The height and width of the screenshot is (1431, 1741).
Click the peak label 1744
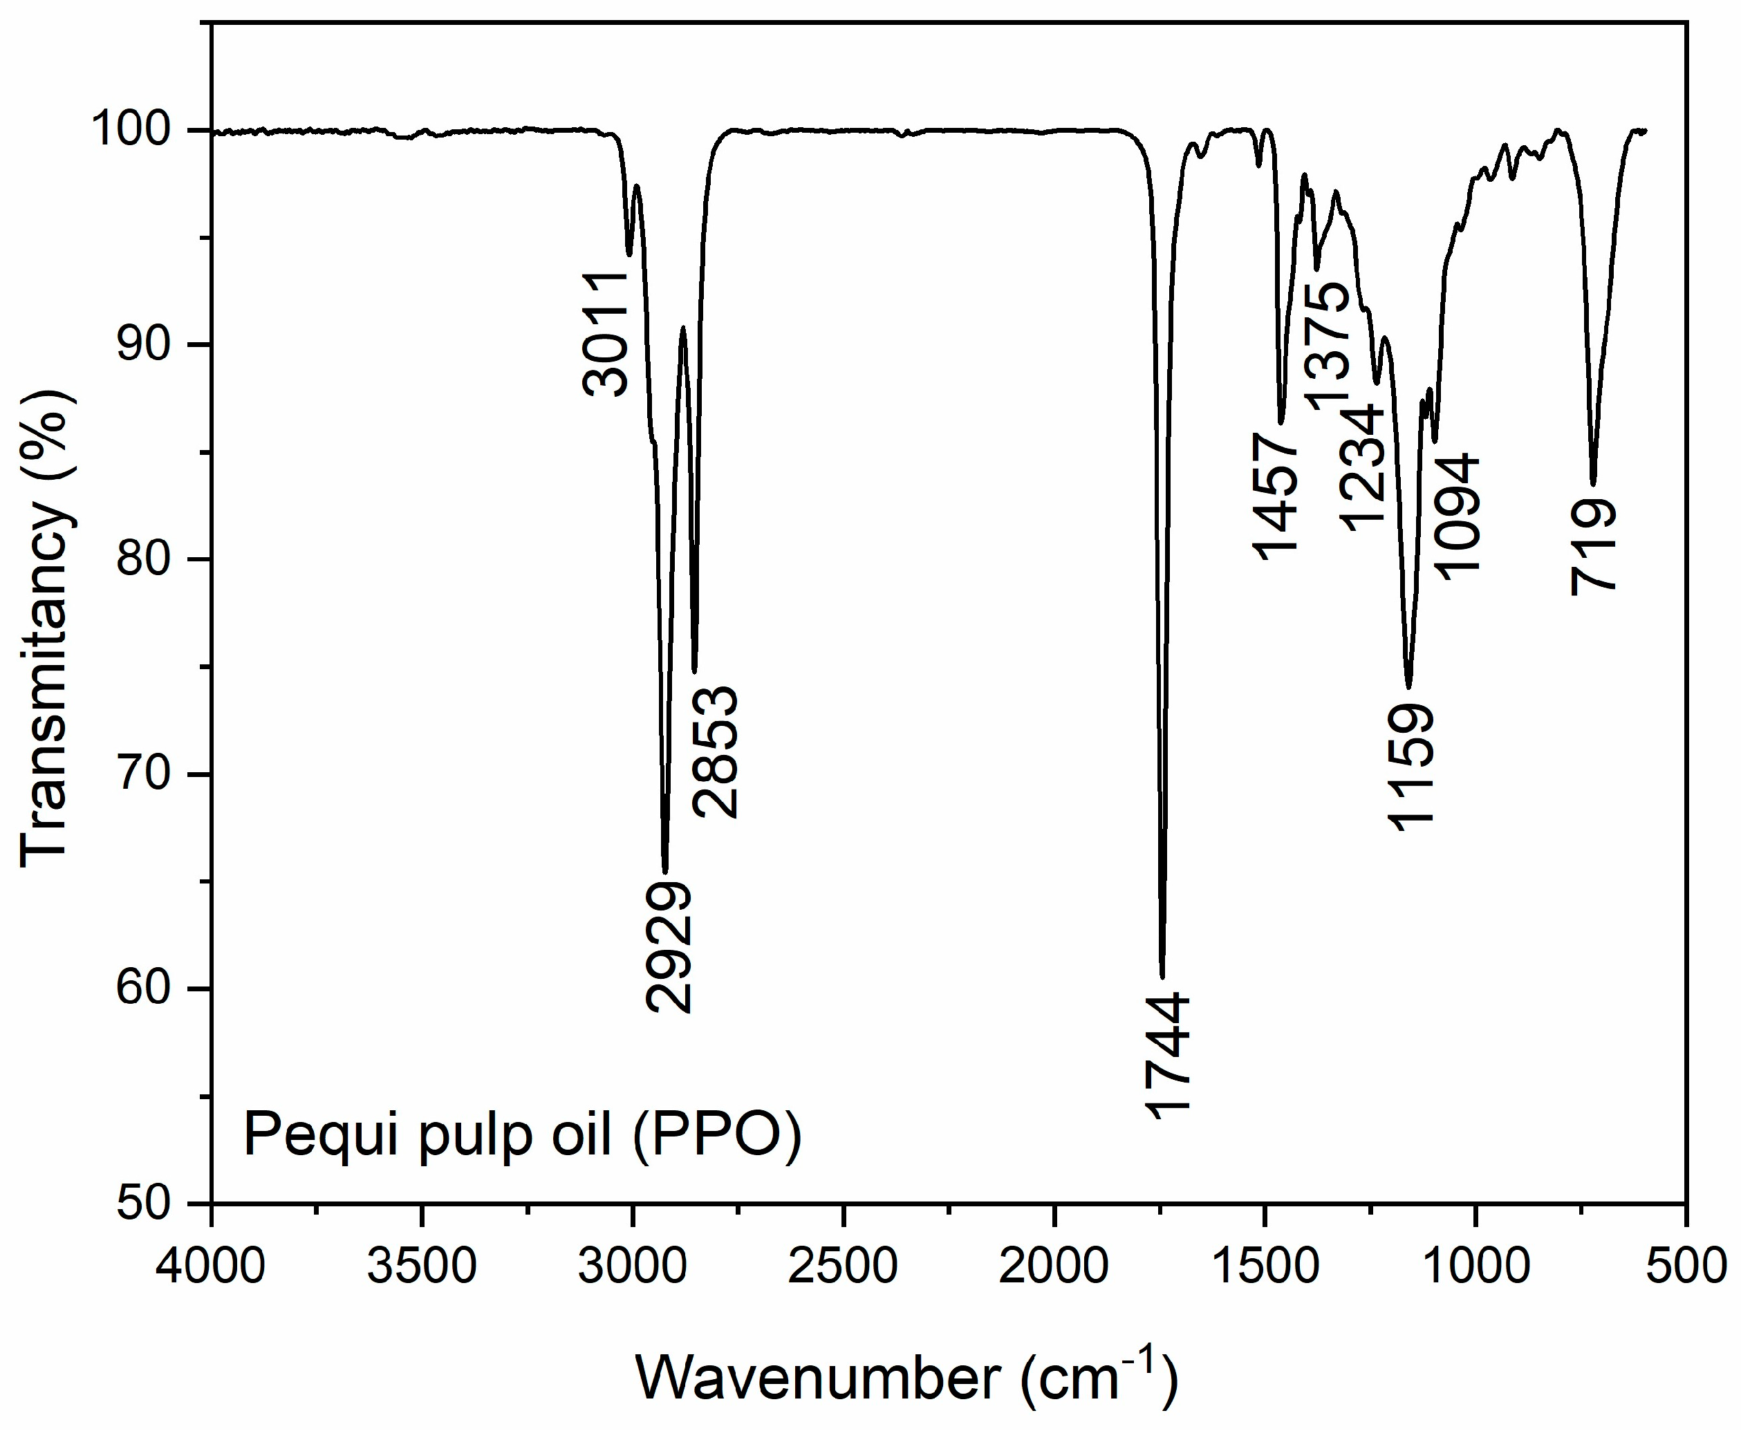point(1166,1056)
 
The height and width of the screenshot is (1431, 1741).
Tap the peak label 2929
point(669,947)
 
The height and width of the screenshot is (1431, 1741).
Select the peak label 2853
point(716,751)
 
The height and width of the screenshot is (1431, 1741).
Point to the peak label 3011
point(606,334)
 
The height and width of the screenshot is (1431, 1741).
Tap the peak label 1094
point(1458,516)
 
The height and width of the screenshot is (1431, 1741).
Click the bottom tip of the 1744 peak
point(1162,977)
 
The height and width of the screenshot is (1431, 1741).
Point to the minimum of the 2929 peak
point(665,871)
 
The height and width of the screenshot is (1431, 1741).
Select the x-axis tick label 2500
point(842,1267)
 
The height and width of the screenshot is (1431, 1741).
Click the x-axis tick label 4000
point(212,1267)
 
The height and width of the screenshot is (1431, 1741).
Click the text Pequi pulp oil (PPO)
point(523,1135)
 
